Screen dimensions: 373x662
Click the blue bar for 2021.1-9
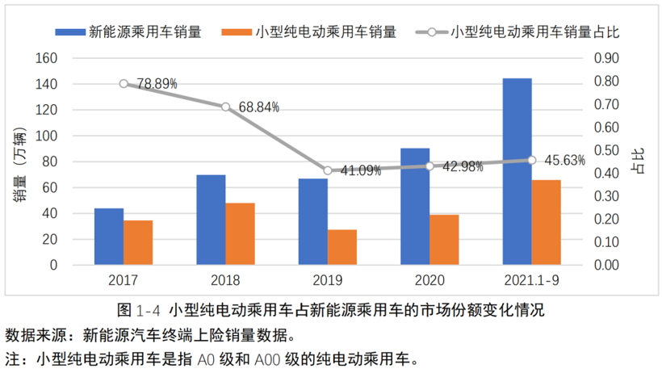tap(517, 171)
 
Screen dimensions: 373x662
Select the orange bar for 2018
tap(240, 233)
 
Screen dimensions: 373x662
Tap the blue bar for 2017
tap(109, 237)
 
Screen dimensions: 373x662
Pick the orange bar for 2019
tap(341, 247)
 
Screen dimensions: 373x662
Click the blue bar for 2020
tap(415, 207)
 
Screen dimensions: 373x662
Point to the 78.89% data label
tap(157, 83)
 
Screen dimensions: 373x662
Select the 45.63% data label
tap(564, 160)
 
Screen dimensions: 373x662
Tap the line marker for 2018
tap(225, 107)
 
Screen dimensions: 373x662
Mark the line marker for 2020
tap(429, 166)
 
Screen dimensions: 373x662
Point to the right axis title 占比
tap(639, 161)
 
